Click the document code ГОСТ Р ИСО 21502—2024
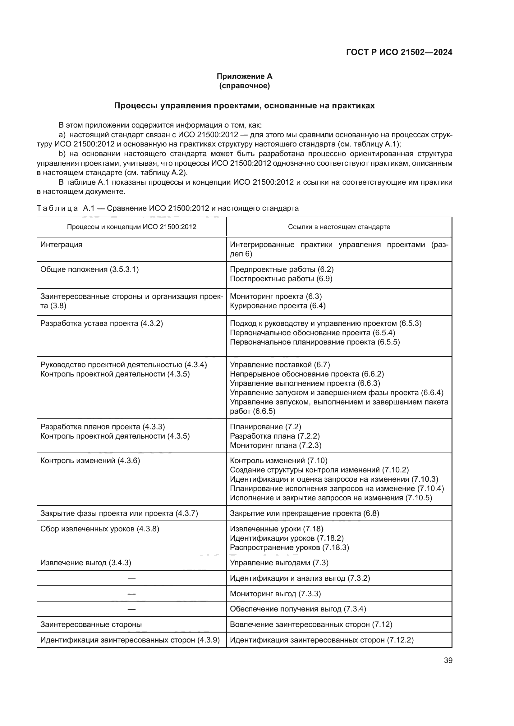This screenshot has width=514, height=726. tap(399, 52)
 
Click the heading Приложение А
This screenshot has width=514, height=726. tap(244, 76)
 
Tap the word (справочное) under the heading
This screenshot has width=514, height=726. tap(244, 86)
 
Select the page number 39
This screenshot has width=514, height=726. tap(448, 660)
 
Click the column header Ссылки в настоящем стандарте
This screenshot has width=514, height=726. tap(339, 227)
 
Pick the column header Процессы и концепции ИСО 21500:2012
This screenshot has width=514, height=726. tap(131, 227)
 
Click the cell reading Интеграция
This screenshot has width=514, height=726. tap(62, 244)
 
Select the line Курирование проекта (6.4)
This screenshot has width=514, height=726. tap(278, 305)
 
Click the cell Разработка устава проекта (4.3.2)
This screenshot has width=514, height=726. tap(102, 323)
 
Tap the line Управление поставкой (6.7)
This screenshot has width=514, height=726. tap(280, 365)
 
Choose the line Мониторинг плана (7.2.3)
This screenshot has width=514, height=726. tap(275, 445)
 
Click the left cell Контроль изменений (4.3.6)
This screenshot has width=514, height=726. tap(90, 460)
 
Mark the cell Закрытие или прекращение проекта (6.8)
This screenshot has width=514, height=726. tap(304, 513)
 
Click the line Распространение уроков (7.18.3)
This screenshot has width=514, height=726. tap(289, 547)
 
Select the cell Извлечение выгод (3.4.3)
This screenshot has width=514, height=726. tap(86, 562)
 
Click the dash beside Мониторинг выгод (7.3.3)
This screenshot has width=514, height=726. tap(131, 593)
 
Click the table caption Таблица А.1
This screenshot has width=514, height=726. tap(168, 208)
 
